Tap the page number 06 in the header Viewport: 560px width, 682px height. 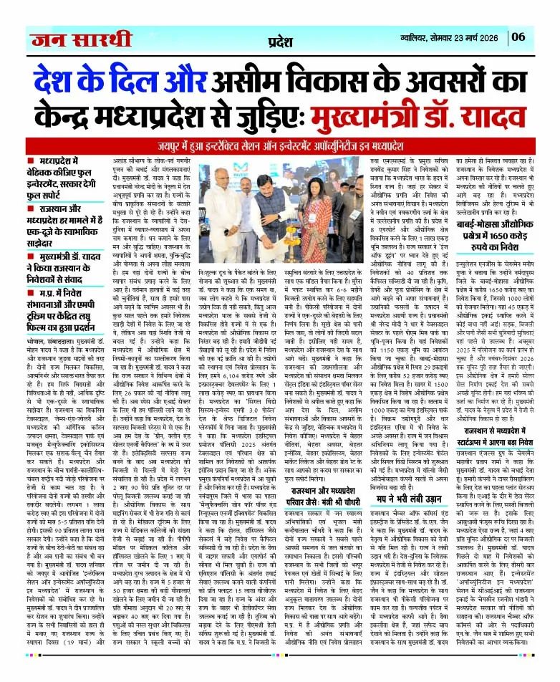(x=539, y=35)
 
